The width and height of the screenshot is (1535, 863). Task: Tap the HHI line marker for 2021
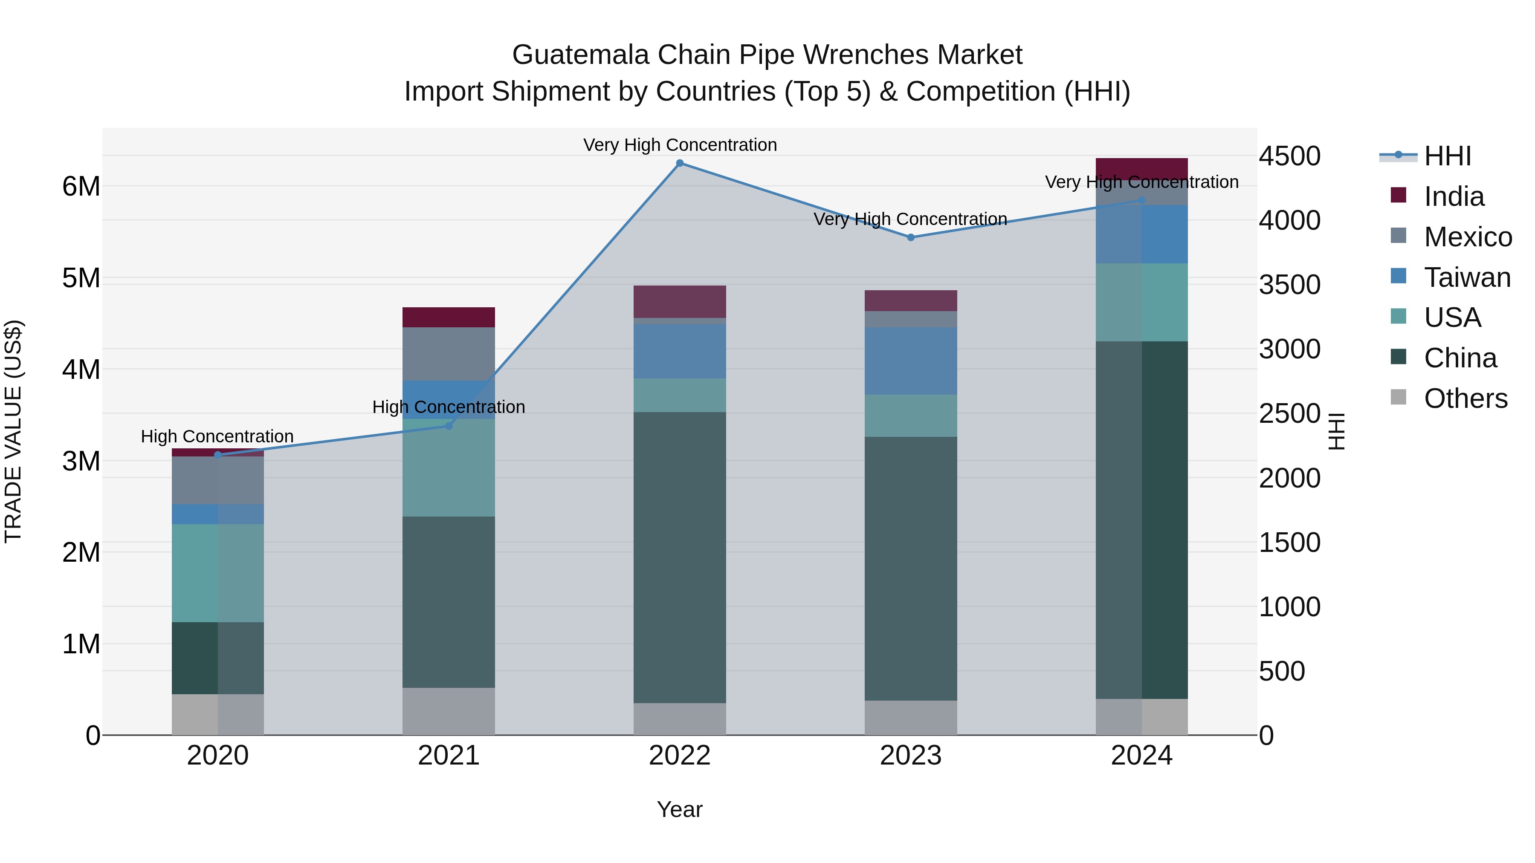tap(449, 426)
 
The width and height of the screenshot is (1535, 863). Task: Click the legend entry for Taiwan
tap(1467, 277)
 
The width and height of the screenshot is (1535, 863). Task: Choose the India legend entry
tap(1454, 196)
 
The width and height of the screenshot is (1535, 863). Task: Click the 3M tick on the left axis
tap(81, 461)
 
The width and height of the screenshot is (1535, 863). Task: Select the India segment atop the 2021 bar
tap(449, 317)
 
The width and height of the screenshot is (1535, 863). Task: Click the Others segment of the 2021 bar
tap(449, 711)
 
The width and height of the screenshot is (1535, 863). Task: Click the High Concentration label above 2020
tap(217, 436)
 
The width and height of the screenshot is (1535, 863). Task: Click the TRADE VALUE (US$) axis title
tap(13, 431)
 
